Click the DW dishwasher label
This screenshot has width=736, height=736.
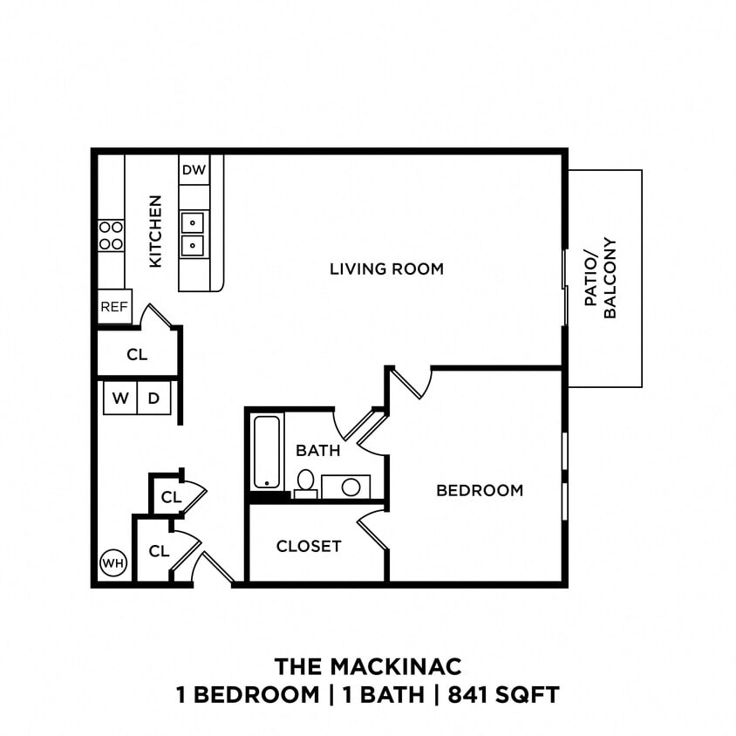coord(194,170)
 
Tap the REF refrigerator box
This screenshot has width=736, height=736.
coord(114,307)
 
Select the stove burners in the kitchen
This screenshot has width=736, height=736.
coord(111,235)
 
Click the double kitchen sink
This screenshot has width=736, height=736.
coord(193,234)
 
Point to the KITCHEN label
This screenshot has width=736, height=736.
coord(155,231)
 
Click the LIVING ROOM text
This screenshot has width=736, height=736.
coord(386,269)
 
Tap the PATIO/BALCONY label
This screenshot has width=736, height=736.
coord(601,278)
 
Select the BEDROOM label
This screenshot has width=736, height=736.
coord(480,490)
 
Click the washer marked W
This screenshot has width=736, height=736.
coord(120,399)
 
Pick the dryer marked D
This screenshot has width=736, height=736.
coord(153,399)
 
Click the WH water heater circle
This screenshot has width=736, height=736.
coord(113,563)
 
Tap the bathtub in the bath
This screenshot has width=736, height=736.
coord(267,452)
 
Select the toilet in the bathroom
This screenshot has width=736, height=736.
coord(305,481)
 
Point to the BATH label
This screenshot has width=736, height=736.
coord(317,451)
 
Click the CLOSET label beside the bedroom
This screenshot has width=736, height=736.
coord(309,547)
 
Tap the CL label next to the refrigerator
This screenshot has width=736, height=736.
coord(137,355)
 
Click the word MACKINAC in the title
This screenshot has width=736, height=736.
coord(395,667)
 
